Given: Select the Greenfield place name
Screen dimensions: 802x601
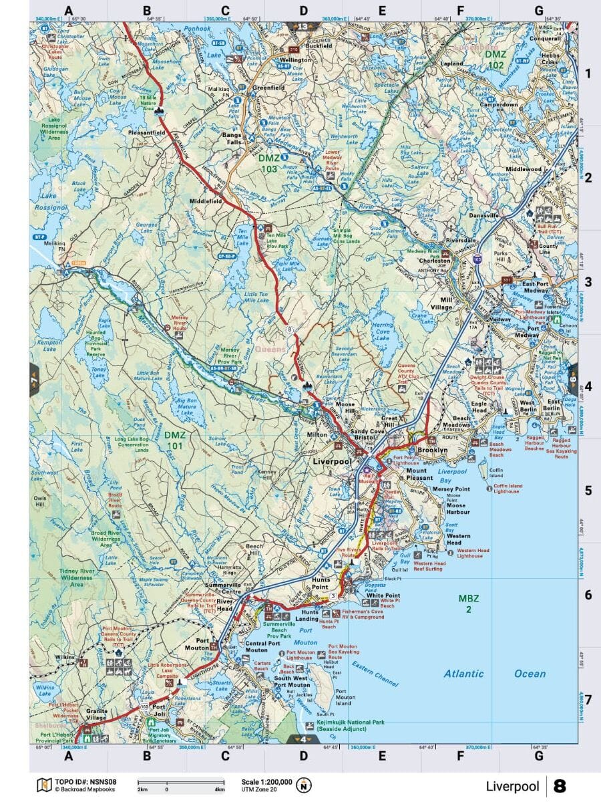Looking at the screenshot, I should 268,87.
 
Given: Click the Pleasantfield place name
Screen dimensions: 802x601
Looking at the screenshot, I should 146,133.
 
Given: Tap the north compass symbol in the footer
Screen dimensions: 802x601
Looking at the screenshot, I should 305,785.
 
